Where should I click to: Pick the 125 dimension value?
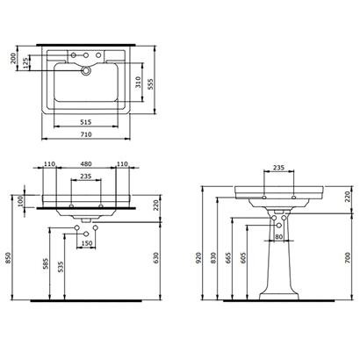click(x=26, y=63)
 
